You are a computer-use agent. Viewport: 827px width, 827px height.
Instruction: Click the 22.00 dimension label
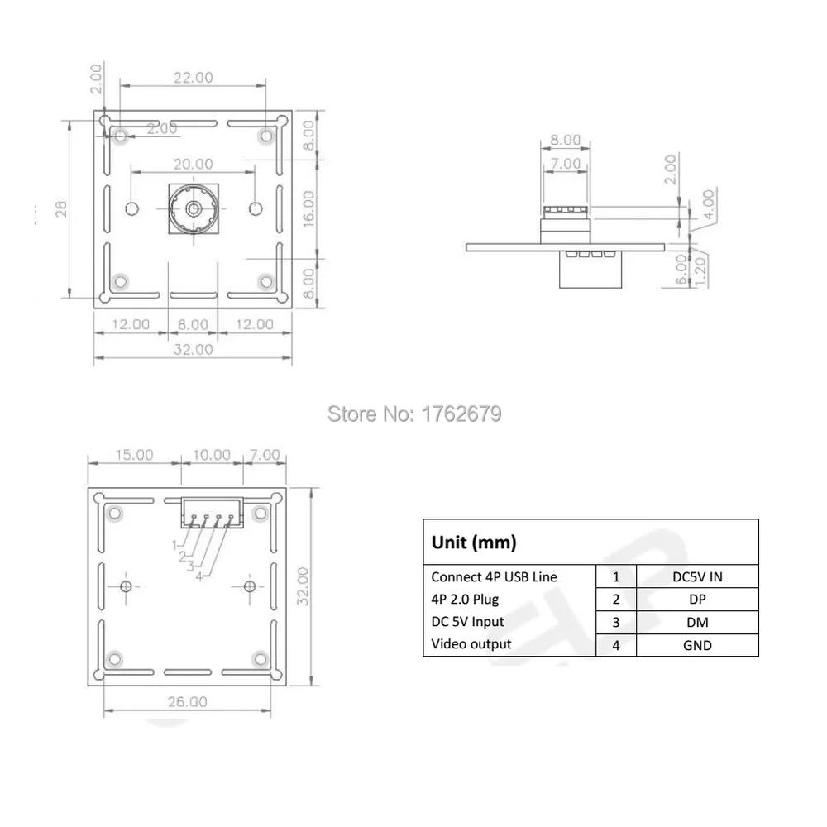[x=194, y=78]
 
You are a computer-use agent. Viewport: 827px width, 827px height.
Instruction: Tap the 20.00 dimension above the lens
[x=194, y=164]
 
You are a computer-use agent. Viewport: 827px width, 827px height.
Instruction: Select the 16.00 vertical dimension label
[x=308, y=209]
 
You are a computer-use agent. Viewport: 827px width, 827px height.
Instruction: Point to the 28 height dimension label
[x=61, y=209]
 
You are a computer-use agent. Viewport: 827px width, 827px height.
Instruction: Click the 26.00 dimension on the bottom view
[x=187, y=701]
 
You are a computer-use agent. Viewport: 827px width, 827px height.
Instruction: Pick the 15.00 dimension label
[x=134, y=455]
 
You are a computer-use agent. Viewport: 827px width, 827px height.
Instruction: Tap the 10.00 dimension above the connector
[x=212, y=455]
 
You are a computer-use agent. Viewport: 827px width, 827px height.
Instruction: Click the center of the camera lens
[x=194, y=209]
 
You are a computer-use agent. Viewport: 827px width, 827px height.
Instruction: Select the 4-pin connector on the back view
[x=212, y=513]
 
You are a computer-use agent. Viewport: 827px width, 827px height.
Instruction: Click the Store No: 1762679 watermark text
[x=414, y=414]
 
